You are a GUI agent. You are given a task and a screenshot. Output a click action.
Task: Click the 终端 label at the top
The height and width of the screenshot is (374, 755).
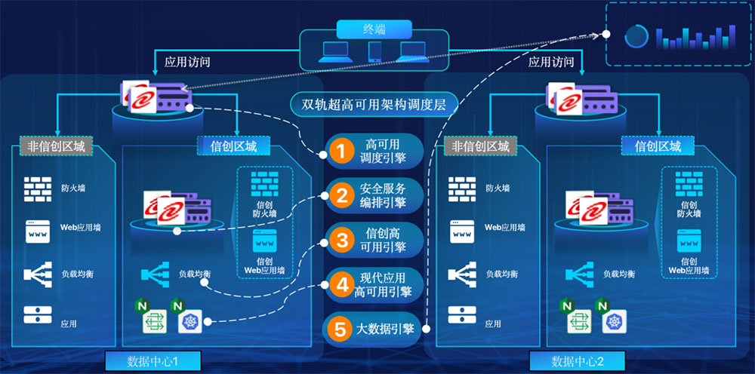pyautogui.click(x=374, y=29)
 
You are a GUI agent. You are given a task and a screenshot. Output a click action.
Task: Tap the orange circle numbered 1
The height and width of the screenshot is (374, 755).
pyautogui.click(x=341, y=151)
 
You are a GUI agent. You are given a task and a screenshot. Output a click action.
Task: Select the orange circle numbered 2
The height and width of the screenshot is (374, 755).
pyautogui.click(x=341, y=196)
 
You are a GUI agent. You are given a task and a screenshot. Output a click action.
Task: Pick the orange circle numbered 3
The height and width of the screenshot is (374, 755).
pyautogui.click(x=341, y=241)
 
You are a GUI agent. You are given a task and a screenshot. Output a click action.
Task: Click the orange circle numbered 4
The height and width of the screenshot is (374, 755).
pyautogui.click(x=341, y=285)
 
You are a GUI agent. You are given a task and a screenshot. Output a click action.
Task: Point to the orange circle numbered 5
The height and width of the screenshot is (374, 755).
pyautogui.click(x=341, y=330)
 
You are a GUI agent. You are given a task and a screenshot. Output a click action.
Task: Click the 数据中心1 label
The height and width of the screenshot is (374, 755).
pyautogui.click(x=153, y=360)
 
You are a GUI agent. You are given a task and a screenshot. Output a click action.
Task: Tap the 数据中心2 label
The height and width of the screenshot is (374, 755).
pyautogui.click(x=578, y=360)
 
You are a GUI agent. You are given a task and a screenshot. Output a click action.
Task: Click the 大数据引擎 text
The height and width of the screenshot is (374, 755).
pyautogui.click(x=386, y=330)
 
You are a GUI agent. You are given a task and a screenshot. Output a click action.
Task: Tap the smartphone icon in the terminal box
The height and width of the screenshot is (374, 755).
pyautogui.click(x=374, y=51)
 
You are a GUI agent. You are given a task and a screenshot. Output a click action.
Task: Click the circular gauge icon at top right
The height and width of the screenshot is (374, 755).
pyautogui.click(x=636, y=35)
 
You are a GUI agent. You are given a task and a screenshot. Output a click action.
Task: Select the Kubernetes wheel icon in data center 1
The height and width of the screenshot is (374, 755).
pyautogui.click(x=189, y=322)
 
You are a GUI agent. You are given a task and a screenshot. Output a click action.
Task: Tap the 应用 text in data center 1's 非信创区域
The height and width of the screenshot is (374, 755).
pyautogui.click(x=69, y=323)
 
